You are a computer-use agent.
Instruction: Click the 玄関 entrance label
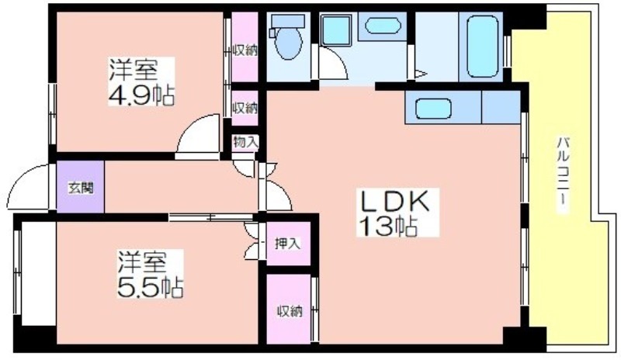coord(81,188)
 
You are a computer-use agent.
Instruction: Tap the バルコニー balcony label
coord(563,175)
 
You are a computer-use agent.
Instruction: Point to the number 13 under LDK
coord(374,227)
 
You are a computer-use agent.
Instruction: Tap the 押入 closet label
coord(288,244)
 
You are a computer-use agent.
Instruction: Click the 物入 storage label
coord(245,142)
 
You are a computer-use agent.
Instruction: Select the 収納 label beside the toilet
coord(245,50)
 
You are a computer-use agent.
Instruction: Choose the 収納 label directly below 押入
coord(290,311)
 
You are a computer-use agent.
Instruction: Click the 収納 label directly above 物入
coord(245,108)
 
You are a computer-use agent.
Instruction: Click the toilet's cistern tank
coord(288,21)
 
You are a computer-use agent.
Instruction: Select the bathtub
coord(482,46)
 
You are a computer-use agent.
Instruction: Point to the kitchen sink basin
coord(434,109)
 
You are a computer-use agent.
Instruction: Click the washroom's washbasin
coord(383,26)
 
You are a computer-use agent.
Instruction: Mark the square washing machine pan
coord(336,30)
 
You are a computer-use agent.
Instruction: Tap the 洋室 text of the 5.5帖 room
coord(141,262)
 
